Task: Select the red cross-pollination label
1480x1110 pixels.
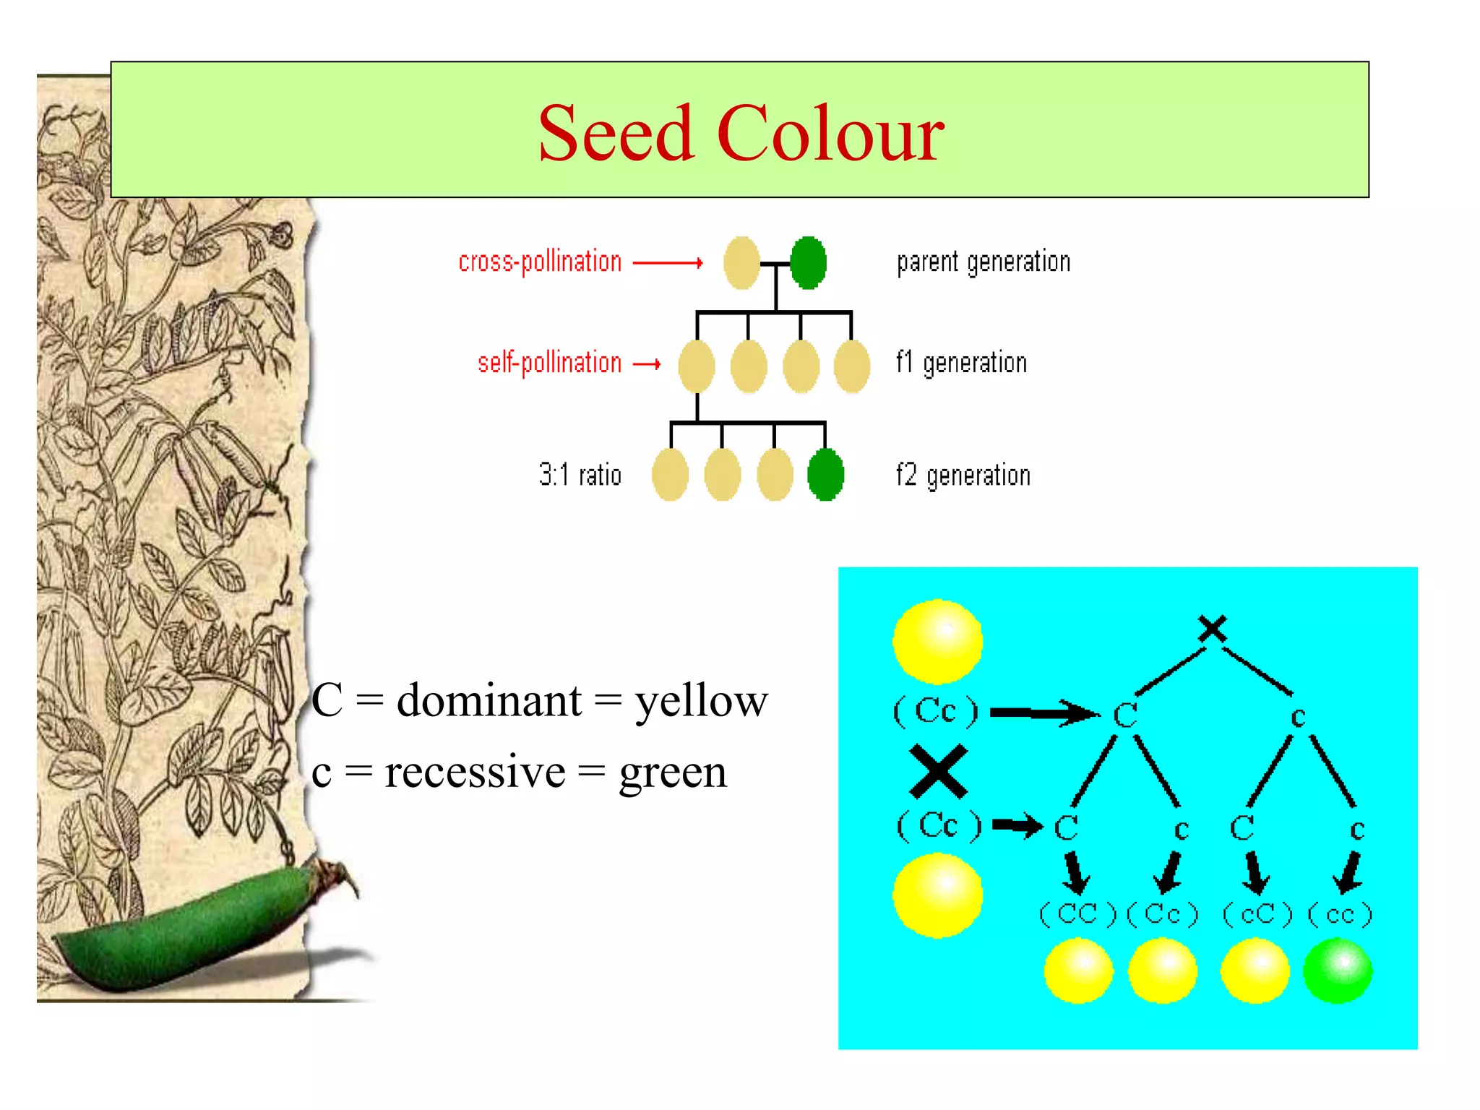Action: [540, 262]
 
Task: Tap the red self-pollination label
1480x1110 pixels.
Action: [549, 363]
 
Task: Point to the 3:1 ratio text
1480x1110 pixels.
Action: [580, 475]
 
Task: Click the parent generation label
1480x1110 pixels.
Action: [983, 262]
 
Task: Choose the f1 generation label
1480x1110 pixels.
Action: [961, 363]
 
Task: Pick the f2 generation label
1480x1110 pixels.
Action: [963, 476]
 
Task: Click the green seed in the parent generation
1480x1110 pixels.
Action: [808, 262]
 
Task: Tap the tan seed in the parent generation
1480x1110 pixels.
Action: [742, 262]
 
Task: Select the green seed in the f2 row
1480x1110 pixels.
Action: [825, 475]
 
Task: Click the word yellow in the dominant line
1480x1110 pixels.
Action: [701, 701]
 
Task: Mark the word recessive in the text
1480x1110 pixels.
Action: [475, 772]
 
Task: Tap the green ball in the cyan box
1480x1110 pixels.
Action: [1337, 971]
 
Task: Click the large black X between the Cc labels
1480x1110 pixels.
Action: [938, 771]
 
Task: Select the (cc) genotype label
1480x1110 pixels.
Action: [1340, 914]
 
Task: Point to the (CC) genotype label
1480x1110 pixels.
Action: [1077, 914]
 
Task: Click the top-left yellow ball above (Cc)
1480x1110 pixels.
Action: [937, 641]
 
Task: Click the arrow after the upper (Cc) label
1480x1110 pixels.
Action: [1044, 713]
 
